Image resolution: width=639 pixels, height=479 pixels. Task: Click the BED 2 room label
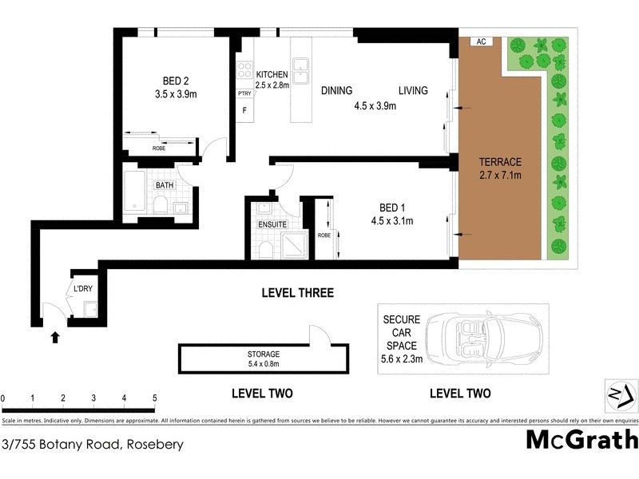175,80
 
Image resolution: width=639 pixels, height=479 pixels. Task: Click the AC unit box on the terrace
481,42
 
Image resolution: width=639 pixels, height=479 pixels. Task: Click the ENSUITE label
272,225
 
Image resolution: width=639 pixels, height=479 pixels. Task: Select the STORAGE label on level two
263,354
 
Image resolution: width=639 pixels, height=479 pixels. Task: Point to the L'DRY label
83,288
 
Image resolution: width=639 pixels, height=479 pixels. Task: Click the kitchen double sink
301,70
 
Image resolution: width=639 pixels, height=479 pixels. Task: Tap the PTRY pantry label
244,93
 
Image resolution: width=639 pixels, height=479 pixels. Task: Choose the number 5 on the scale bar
154,398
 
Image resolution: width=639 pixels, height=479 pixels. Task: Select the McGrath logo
581,440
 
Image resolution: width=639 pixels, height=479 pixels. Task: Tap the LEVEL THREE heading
297,293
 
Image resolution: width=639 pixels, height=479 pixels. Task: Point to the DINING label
337,90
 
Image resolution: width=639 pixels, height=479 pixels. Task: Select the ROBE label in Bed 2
160,148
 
